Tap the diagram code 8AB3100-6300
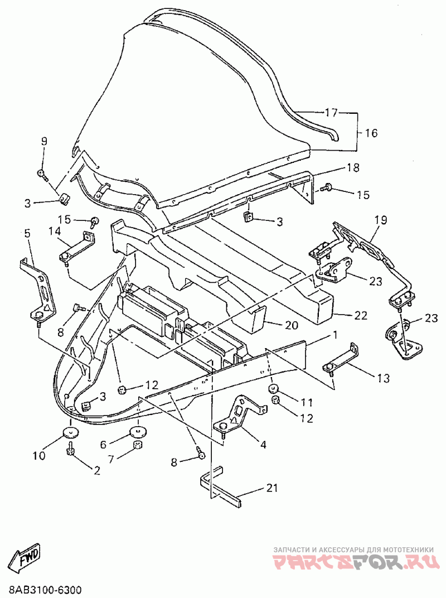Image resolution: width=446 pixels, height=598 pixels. pyautogui.click(x=41, y=590)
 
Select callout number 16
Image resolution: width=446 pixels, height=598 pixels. pyautogui.click(x=371, y=133)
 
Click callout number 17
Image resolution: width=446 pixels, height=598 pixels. pyautogui.click(x=331, y=113)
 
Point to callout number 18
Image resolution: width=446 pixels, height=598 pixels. pyautogui.click(x=353, y=167)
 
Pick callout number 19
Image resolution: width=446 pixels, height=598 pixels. pyautogui.click(x=381, y=220)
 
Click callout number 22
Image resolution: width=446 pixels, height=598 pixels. pyautogui.click(x=360, y=315)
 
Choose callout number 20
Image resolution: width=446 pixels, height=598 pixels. pyautogui.click(x=291, y=325)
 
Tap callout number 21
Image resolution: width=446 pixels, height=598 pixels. pyautogui.click(x=272, y=488)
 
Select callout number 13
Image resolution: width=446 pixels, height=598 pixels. pyautogui.click(x=383, y=378)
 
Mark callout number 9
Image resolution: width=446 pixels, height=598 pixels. pyautogui.click(x=44, y=141)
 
